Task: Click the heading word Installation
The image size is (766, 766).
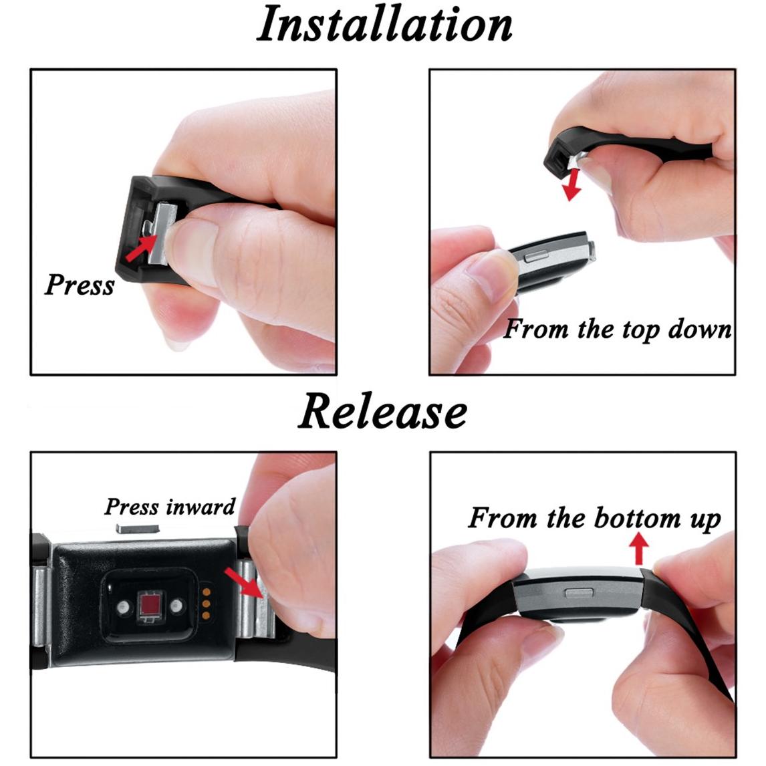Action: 384,25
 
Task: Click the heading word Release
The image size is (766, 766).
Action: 382,411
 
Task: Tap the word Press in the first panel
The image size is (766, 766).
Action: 80,284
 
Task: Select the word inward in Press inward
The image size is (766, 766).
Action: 201,507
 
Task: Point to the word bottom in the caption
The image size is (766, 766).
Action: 637,518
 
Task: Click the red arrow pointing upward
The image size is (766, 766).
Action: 638,548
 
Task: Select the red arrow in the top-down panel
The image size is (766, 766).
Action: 572,184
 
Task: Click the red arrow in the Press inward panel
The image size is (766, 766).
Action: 244,582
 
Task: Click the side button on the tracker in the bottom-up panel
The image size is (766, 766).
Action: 579,593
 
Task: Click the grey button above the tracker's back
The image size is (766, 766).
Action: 138,527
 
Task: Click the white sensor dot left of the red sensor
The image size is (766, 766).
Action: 122,607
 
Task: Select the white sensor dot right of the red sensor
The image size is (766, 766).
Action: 176,606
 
